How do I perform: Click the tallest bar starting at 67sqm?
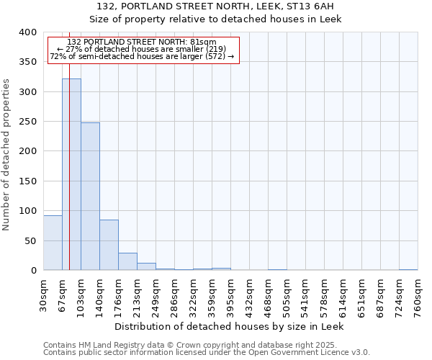point(71,174)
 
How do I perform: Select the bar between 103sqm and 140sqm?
point(90,197)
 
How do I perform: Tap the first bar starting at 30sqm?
point(53,243)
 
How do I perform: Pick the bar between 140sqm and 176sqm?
point(109,245)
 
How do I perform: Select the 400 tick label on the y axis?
point(27,32)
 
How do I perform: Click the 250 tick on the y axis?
point(27,122)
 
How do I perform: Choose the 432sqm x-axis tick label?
point(250,294)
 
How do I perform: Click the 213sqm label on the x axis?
point(138,294)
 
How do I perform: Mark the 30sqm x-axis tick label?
point(44,294)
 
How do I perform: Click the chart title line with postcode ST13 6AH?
point(215,6)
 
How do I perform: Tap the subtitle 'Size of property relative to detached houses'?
point(215,19)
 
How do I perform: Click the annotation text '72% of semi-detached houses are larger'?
point(142,56)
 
